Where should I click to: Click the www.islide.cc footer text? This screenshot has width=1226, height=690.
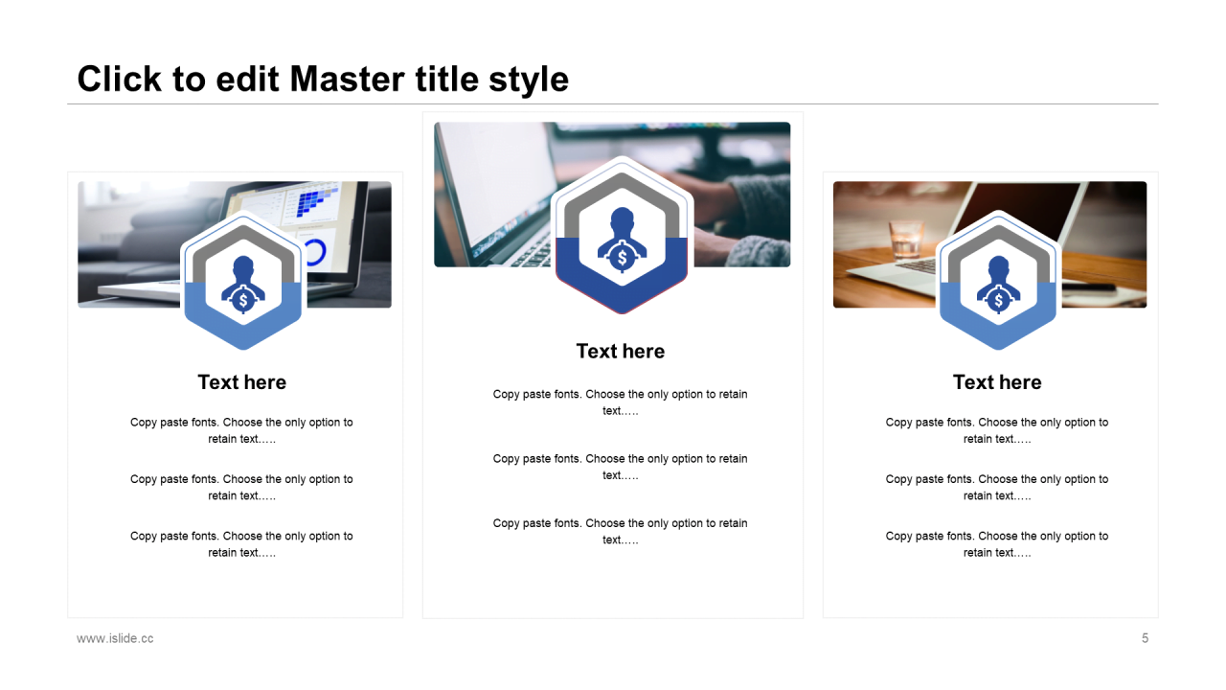[x=115, y=638]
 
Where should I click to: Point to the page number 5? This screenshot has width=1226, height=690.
[x=1145, y=638]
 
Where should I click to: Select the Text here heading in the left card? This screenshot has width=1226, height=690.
[x=242, y=382]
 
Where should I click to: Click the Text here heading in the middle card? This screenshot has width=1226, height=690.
[x=620, y=351]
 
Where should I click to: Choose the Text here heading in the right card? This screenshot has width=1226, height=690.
[x=997, y=382]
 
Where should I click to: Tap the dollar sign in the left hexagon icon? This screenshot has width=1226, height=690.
[x=243, y=301]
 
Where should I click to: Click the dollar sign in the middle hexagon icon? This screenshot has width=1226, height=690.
[x=622, y=258]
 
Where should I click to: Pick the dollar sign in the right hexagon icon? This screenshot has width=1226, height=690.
[x=998, y=301]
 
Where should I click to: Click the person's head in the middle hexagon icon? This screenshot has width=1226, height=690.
[x=622, y=219]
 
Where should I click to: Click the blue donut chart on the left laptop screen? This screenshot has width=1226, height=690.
[x=315, y=251]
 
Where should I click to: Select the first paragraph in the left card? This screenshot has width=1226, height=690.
[x=241, y=430]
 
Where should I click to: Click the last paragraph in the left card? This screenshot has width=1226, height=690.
[x=241, y=544]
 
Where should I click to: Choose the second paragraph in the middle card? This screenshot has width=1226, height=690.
[x=620, y=467]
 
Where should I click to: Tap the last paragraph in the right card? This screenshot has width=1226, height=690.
[x=997, y=544]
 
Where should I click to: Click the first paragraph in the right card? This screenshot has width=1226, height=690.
[x=997, y=430]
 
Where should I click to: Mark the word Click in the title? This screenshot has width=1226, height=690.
[x=120, y=79]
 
